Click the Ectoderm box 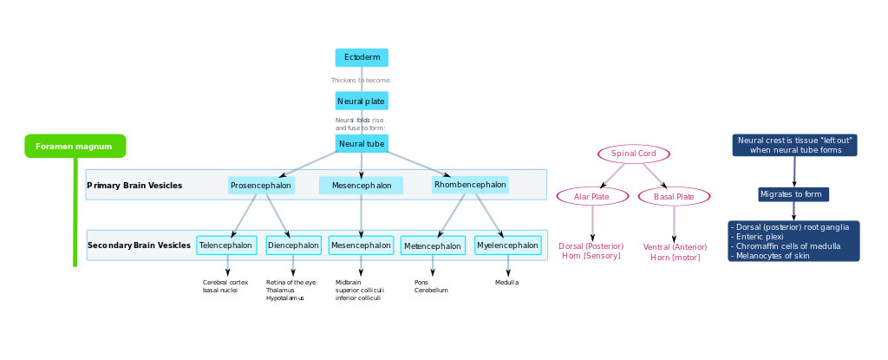click(362, 57)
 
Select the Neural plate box click(362, 101)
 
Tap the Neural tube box click(362, 143)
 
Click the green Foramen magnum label click(75, 147)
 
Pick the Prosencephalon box click(261, 186)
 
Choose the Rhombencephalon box click(470, 185)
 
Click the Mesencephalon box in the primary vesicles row click(362, 186)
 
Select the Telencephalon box click(226, 245)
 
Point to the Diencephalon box click(293, 245)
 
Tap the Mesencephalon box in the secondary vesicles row click(361, 245)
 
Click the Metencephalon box click(432, 246)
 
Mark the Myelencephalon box click(507, 245)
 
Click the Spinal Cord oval click(633, 154)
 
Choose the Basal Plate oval click(674, 196)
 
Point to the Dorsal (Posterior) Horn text click(591, 251)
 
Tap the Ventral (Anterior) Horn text click(674, 252)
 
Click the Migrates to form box click(794, 194)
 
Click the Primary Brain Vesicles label click(135, 186)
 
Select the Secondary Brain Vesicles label click(140, 245)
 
